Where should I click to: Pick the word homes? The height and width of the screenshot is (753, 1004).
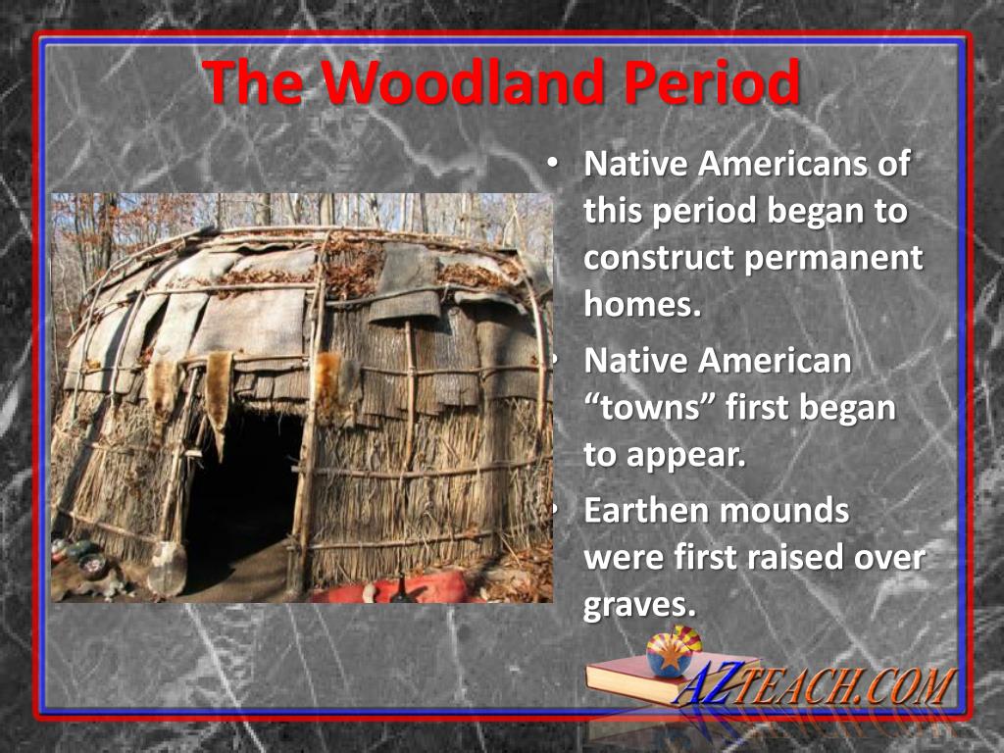click(643, 305)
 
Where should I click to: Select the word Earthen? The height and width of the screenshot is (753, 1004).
click(644, 510)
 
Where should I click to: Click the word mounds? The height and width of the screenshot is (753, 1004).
click(784, 510)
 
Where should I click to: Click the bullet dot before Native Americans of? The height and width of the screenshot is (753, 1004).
click(554, 163)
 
